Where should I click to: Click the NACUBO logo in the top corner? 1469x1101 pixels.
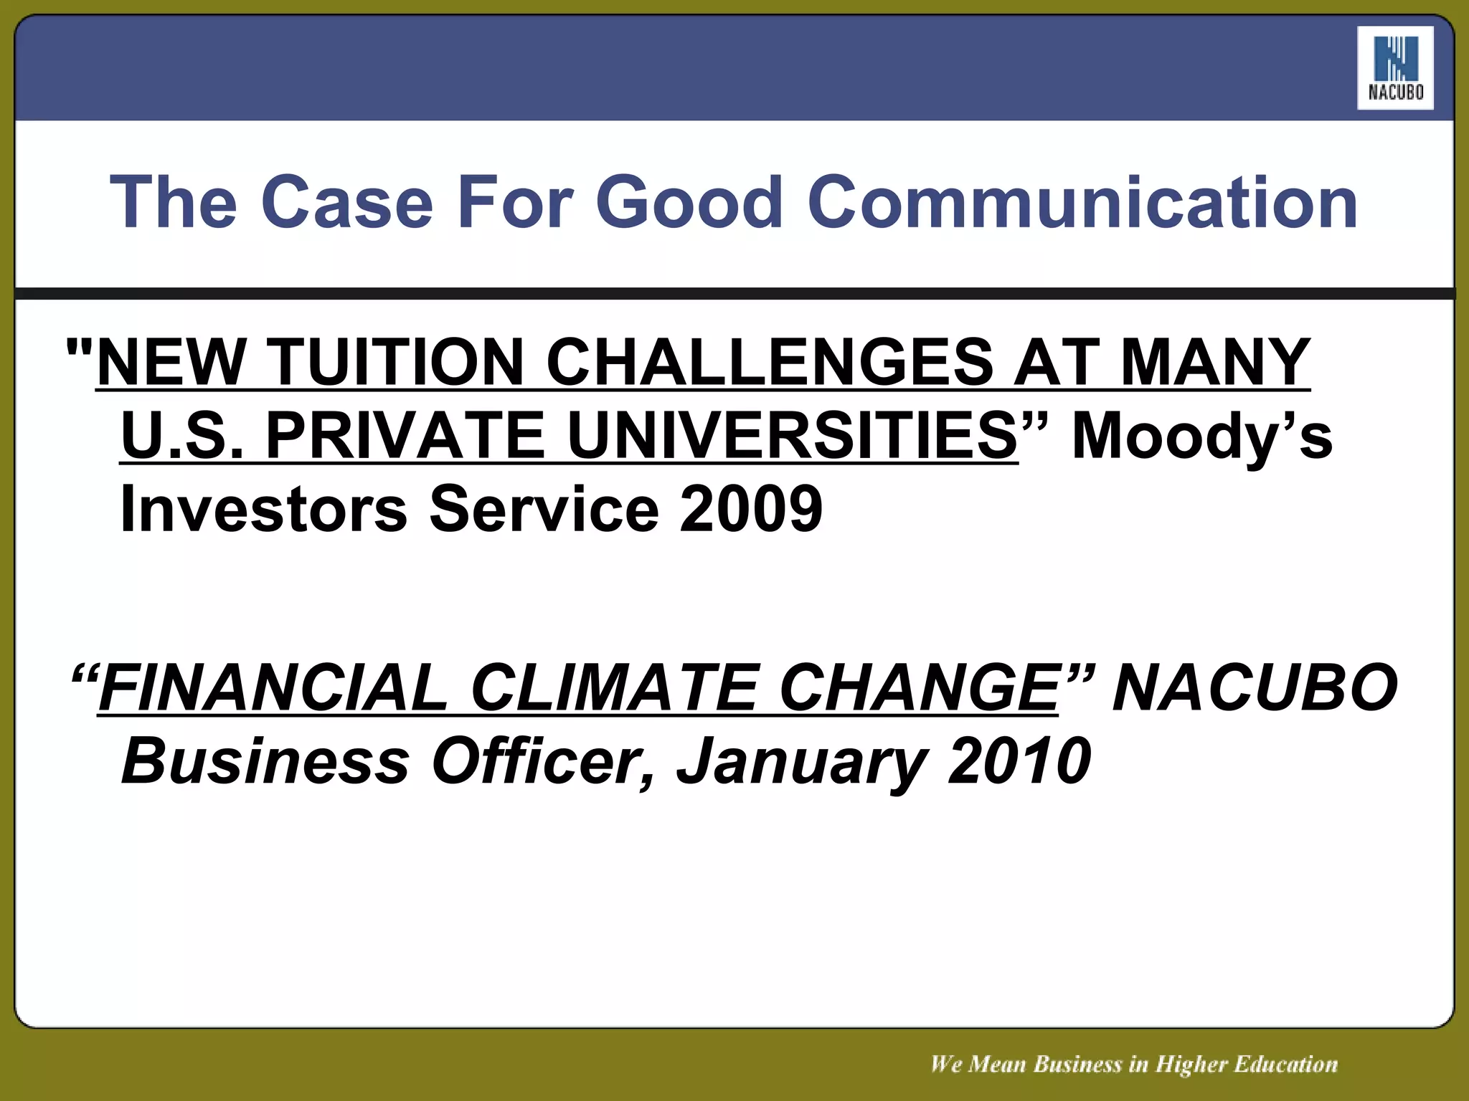click(1395, 68)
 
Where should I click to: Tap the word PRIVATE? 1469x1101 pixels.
click(406, 437)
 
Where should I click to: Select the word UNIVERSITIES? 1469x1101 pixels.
click(793, 437)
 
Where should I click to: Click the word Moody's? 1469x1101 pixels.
click(1202, 437)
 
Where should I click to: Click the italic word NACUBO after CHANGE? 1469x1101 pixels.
click(1255, 688)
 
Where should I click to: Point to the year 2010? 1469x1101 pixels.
click(1019, 761)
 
